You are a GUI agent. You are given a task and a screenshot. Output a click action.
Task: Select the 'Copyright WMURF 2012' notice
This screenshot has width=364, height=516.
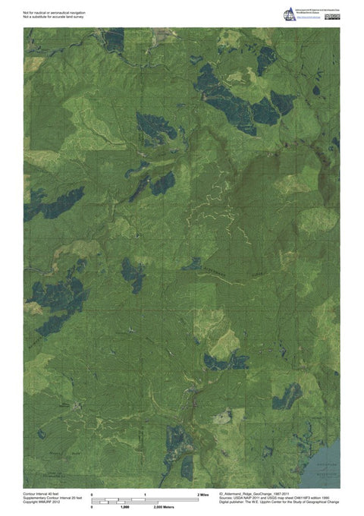(41, 502)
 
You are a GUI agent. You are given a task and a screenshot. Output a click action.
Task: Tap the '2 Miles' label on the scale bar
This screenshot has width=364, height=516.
(203, 494)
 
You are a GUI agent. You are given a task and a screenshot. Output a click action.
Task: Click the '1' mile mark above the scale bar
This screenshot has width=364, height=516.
(145, 494)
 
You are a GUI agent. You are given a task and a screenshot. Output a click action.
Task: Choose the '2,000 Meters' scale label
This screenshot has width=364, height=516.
(165, 506)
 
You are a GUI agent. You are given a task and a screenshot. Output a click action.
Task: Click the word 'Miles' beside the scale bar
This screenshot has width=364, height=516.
(205, 494)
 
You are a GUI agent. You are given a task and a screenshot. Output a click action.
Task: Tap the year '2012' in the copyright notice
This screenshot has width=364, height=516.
(55, 502)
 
